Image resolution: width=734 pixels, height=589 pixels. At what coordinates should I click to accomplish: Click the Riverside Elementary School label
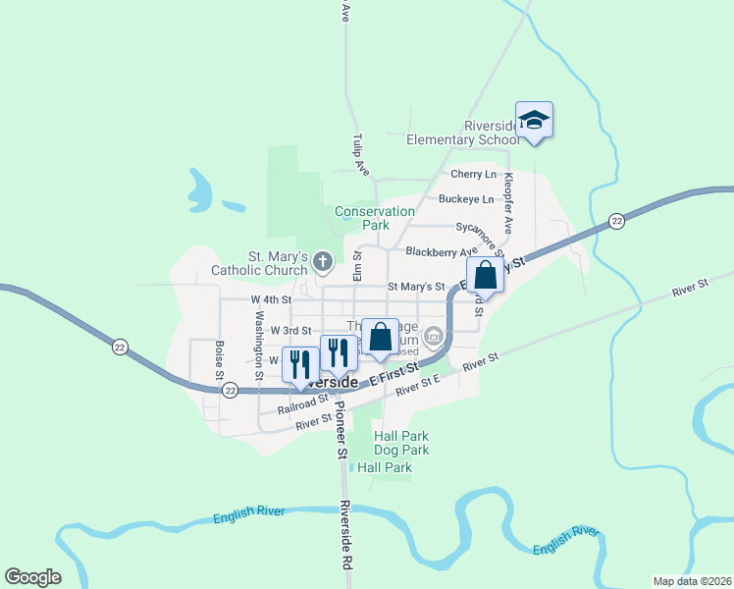click(463, 133)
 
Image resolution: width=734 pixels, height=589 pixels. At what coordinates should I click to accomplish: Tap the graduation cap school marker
click(534, 121)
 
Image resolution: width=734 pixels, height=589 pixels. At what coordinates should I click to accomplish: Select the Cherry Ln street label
click(473, 175)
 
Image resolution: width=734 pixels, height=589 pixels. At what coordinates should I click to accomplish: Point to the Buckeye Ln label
click(466, 199)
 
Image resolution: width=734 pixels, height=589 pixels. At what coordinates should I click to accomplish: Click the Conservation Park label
click(375, 218)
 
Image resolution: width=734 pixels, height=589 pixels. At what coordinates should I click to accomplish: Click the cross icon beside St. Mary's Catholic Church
click(323, 261)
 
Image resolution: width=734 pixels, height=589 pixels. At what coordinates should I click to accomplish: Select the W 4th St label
click(271, 299)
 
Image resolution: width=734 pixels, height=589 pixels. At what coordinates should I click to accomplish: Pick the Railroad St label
click(301, 404)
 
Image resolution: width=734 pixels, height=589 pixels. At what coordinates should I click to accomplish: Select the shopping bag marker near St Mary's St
click(485, 276)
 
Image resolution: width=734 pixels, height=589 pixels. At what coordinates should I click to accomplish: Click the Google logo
click(32, 577)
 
